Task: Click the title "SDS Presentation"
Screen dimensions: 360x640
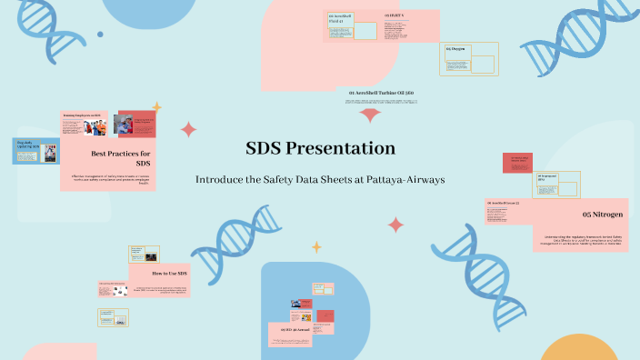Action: click(x=320, y=148)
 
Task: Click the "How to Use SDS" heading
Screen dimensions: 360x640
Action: click(x=169, y=273)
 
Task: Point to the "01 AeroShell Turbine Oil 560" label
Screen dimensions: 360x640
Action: click(x=381, y=93)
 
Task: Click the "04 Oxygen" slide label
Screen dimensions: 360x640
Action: click(x=455, y=49)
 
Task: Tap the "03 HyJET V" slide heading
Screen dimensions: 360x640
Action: click(x=395, y=16)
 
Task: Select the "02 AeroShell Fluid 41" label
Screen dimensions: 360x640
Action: click(x=339, y=19)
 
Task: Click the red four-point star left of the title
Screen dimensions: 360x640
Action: click(x=188, y=129)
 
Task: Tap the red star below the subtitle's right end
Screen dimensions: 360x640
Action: click(x=395, y=225)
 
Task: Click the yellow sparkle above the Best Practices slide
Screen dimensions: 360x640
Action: click(x=155, y=106)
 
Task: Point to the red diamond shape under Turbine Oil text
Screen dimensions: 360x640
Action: click(x=370, y=115)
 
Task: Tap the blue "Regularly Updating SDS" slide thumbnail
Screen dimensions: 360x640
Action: click(x=35, y=151)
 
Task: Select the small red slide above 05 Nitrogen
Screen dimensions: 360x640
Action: click(x=517, y=163)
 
